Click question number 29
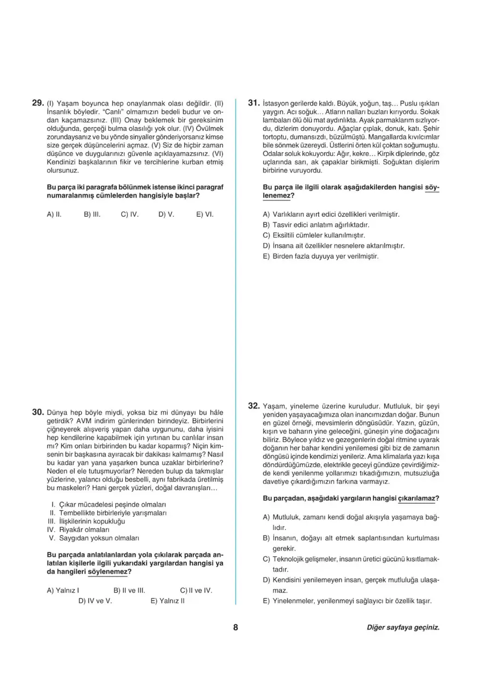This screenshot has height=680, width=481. coord(38,102)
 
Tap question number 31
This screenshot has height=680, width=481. coord(253,102)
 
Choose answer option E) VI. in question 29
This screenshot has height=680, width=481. coord(204,215)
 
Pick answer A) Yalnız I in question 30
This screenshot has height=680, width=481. coord(63,590)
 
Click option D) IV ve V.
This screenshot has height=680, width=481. coord(95,601)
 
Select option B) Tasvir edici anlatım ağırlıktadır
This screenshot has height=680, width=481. coord(316,225)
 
